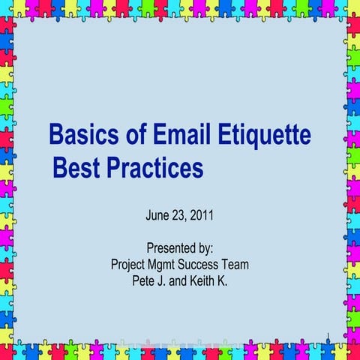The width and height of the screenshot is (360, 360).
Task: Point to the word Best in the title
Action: tap(75, 168)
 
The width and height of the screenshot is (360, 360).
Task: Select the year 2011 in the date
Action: tap(202, 216)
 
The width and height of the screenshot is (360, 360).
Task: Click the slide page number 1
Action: tap(330, 334)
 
